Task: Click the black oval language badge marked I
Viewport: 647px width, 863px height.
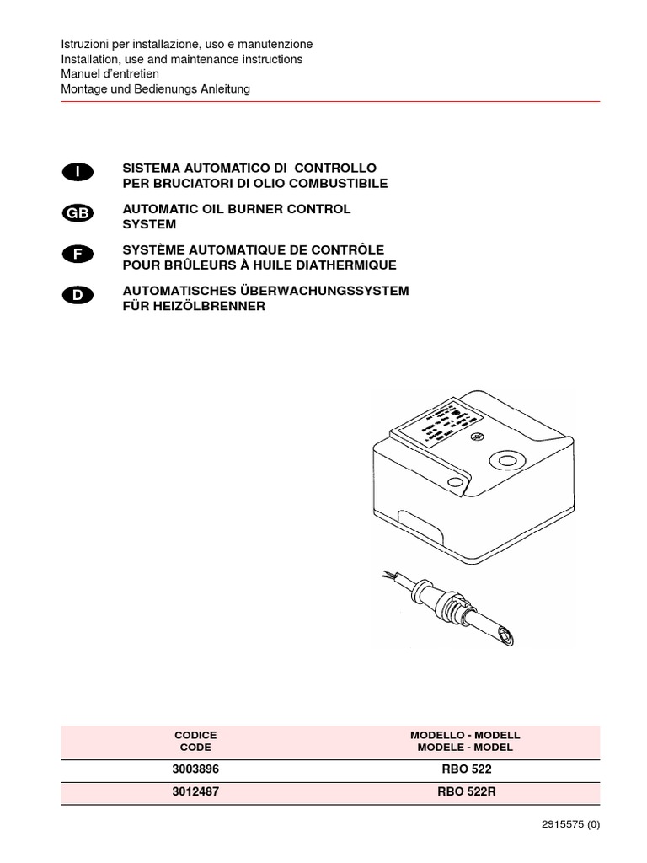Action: pyautogui.click(x=78, y=172)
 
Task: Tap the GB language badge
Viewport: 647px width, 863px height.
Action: pyautogui.click(x=78, y=213)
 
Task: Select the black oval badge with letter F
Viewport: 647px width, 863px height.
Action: pyautogui.click(x=78, y=254)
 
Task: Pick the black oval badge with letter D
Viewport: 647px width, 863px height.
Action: pyautogui.click(x=78, y=295)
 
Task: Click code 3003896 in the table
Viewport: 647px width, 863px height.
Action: pyautogui.click(x=195, y=770)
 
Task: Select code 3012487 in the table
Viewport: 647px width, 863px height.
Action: pyautogui.click(x=195, y=792)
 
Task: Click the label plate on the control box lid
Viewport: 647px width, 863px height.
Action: pyautogui.click(x=436, y=424)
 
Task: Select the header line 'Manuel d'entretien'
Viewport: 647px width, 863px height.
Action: pyautogui.click(x=110, y=74)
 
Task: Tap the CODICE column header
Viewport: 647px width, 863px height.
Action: pyautogui.click(x=195, y=735)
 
